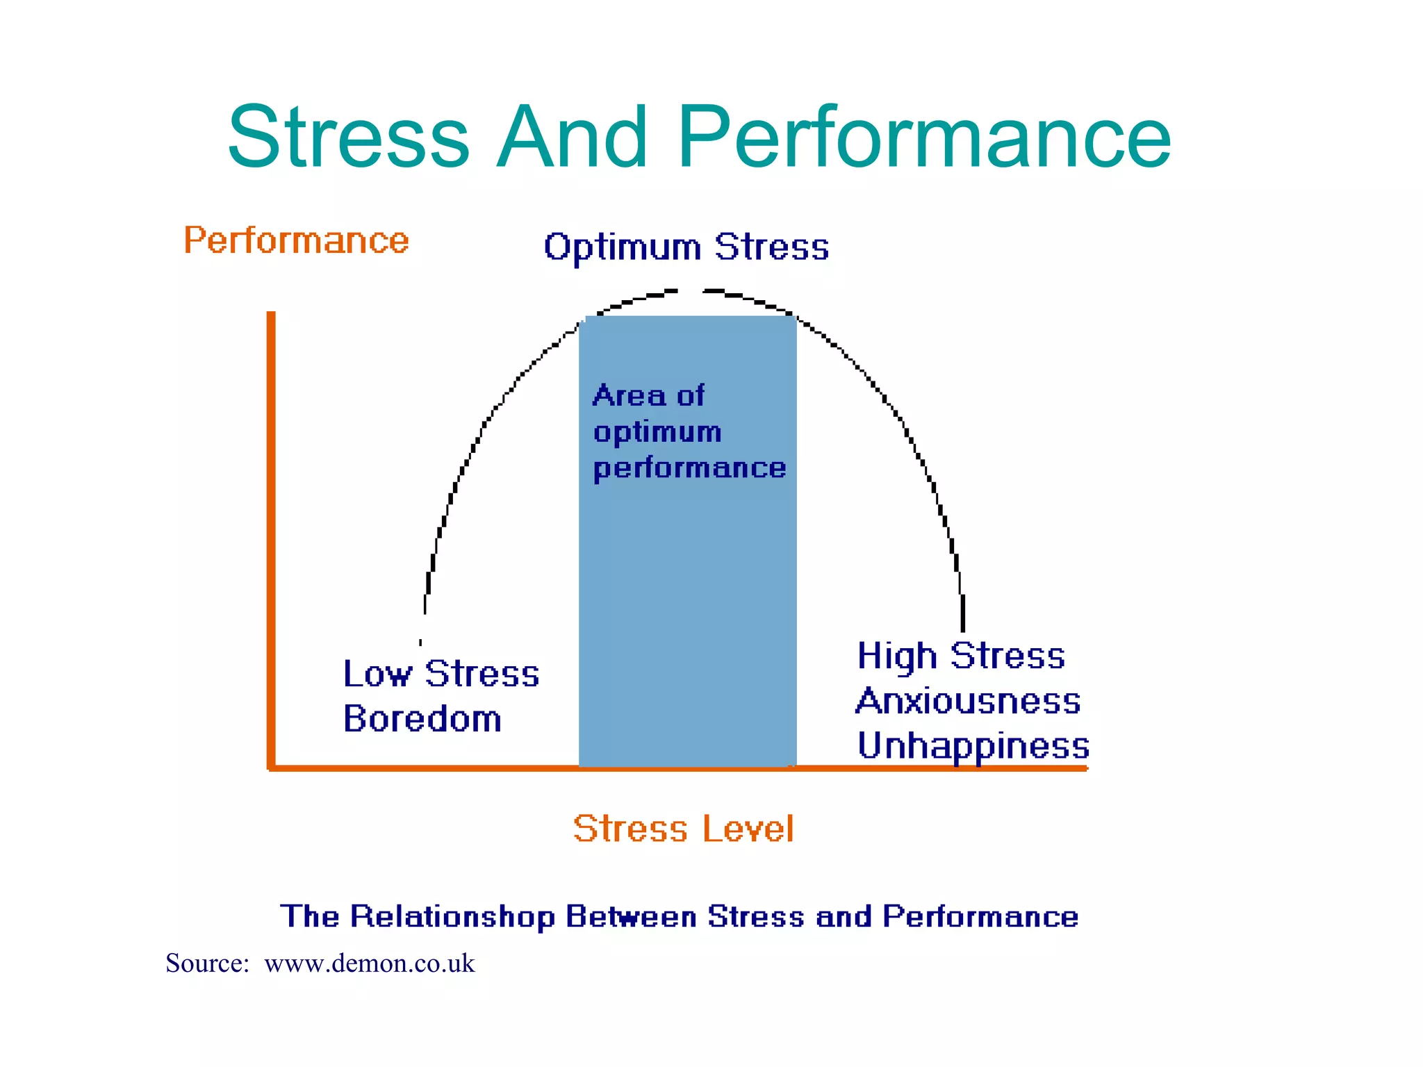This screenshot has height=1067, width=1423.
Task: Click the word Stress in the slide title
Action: click(349, 137)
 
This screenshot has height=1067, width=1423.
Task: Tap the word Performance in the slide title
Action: click(925, 137)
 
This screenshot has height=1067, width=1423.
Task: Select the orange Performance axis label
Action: click(296, 241)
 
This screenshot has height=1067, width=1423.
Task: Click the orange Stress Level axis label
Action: click(683, 828)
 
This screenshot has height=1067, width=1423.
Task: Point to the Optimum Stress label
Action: click(686, 247)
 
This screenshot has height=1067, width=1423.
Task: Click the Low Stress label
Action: click(441, 674)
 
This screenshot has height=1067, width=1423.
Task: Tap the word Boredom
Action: click(422, 718)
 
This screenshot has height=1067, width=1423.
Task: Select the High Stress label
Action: click(961, 656)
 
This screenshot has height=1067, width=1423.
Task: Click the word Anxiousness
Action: click(969, 700)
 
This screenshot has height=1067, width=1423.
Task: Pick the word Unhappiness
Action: click(973, 745)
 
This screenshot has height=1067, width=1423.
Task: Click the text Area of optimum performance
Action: click(689, 432)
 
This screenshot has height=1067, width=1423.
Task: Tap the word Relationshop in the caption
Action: click(452, 917)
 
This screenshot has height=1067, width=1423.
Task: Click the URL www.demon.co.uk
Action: click(370, 963)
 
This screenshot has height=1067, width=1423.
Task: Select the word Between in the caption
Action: click(631, 917)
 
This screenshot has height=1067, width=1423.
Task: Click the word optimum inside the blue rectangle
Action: click(657, 433)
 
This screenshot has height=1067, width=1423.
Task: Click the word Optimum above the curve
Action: click(623, 248)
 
